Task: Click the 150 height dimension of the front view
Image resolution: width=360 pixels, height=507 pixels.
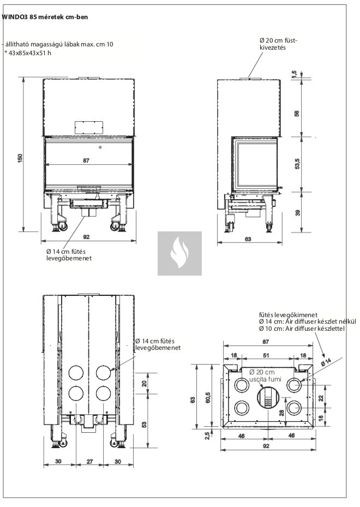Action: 20,158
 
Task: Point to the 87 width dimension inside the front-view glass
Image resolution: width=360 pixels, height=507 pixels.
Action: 86,161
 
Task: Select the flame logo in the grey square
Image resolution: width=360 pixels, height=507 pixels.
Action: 179,254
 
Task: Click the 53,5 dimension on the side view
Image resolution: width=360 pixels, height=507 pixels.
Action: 297,164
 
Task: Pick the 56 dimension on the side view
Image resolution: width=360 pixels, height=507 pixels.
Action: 297,114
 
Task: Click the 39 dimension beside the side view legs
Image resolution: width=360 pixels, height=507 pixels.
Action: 297,213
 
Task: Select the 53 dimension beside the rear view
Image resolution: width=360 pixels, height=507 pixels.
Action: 145,425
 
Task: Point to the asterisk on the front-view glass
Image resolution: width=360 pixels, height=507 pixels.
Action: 100,148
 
